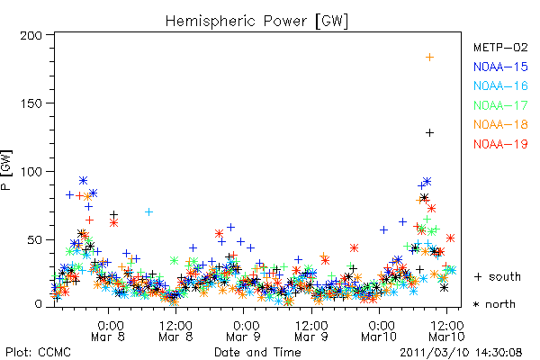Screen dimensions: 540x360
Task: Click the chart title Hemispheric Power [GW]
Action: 256,21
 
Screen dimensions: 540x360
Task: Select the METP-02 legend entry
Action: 500,47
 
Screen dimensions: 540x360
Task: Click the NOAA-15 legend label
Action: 500,67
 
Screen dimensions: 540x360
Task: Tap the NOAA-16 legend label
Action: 500,85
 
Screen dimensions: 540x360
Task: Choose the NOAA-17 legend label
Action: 500,105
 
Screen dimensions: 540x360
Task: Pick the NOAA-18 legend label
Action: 500,124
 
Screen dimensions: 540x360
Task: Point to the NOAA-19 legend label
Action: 500,144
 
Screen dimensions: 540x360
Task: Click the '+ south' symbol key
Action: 498,276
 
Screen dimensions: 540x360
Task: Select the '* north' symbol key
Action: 494,304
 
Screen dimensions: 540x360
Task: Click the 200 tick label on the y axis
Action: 31,35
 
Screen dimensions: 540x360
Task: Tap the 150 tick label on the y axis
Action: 31,103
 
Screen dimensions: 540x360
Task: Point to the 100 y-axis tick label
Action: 31,172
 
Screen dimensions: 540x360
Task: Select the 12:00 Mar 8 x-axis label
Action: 176,330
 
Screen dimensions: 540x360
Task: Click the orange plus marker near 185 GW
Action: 429,58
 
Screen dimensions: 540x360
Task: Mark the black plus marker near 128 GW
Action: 429,132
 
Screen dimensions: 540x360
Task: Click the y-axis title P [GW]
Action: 6,170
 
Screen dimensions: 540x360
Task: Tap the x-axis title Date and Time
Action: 257,353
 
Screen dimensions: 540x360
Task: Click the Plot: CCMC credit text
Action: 38,353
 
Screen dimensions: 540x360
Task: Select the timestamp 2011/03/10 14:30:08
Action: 461,353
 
